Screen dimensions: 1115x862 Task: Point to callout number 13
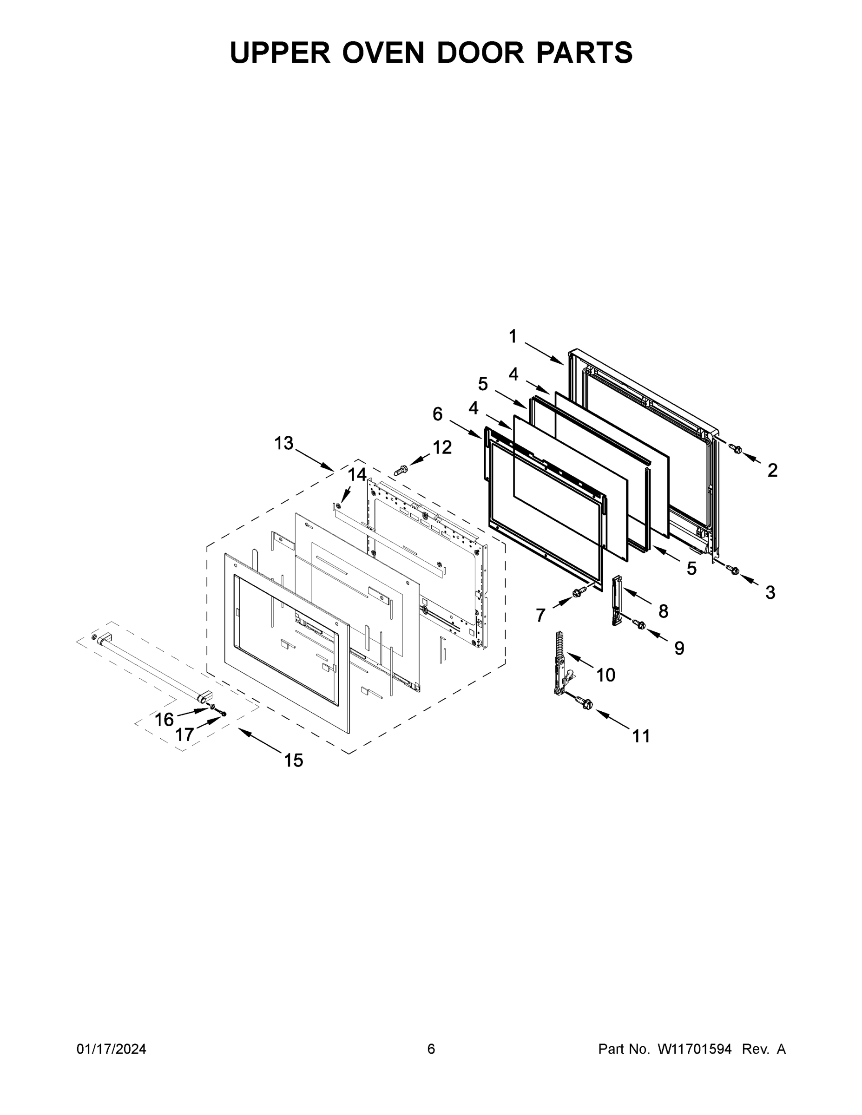point(284,443)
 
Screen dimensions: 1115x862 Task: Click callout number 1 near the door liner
point(513,336)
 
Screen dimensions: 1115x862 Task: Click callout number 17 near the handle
point(184,735)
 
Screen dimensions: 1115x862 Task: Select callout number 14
point(357,475)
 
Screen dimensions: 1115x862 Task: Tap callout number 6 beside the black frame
point(438,413)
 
